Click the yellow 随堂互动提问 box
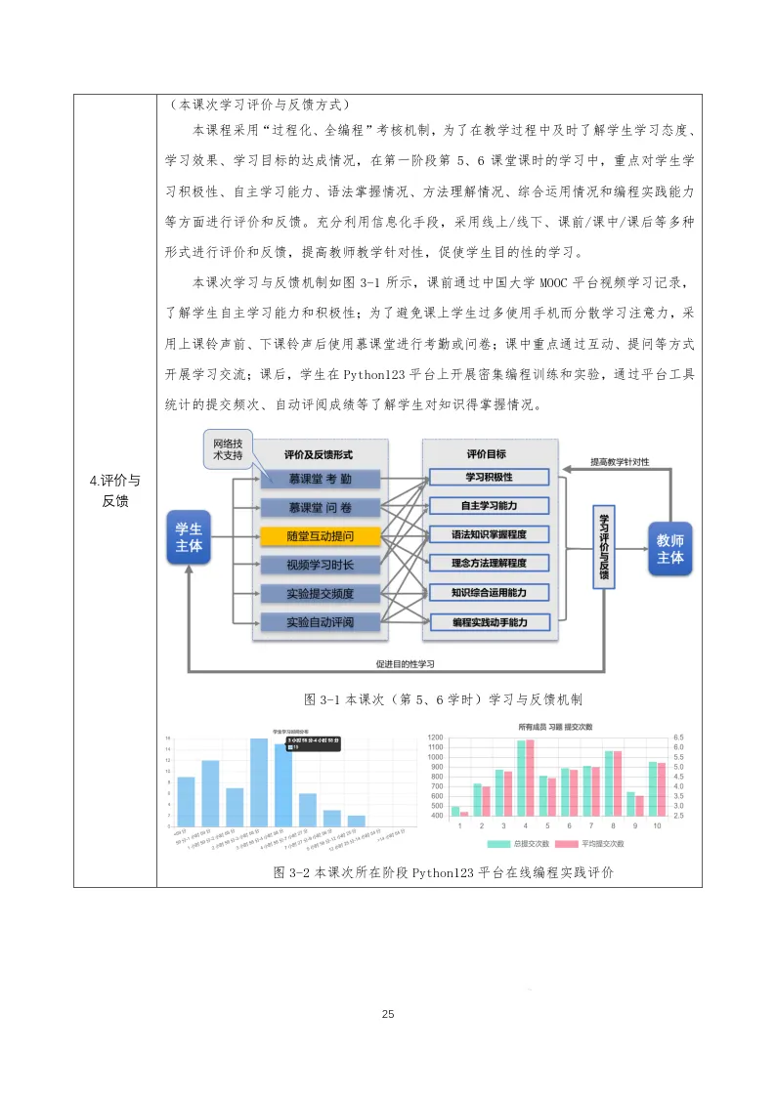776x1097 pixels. point(320,536)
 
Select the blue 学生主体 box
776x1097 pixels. point(189,536)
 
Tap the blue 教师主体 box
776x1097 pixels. point(670,549)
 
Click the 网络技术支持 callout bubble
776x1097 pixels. point(228,449)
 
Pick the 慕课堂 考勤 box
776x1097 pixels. point(320,480)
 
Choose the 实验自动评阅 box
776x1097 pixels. point(320,622)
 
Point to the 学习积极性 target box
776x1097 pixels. point(490,477)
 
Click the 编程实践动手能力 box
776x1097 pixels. point(490,622)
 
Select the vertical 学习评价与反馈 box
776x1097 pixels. point(603,547)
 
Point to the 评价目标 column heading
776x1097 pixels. point(489,454)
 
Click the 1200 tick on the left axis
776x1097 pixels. point(436,747)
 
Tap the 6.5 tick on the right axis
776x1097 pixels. point(679,738)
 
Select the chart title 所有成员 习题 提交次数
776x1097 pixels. point(557,728)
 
